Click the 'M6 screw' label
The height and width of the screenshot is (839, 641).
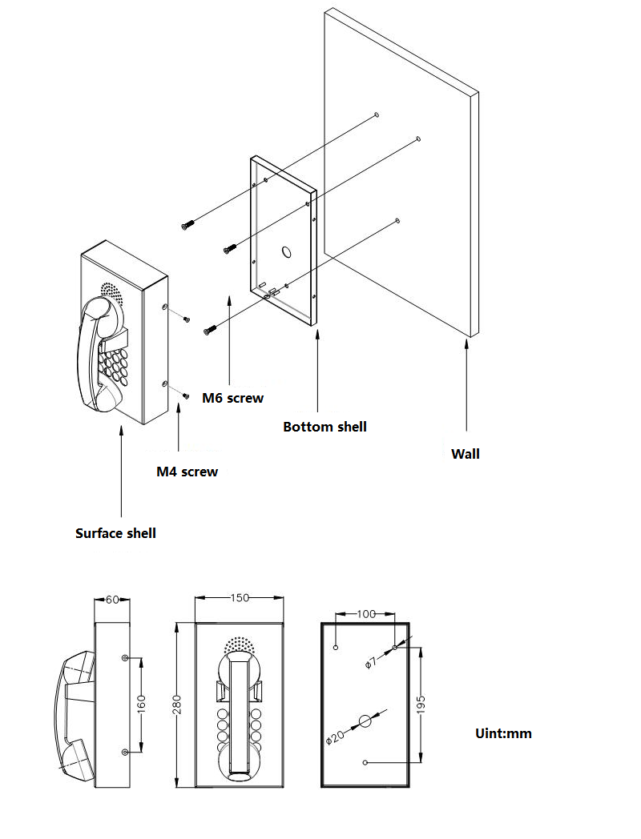point(232,397)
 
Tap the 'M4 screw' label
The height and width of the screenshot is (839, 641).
point(187,472)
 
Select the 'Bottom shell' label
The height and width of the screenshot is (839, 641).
point(325,427)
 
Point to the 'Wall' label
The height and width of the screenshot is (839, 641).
point(466,454)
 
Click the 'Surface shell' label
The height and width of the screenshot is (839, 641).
point(115,532)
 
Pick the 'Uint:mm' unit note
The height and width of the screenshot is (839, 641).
point(502,733)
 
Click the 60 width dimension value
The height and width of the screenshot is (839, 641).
point(112,599)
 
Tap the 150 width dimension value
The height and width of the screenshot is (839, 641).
point(240,598)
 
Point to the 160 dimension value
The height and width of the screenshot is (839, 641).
point(141,705)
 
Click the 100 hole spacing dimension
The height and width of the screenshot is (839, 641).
point(365,614)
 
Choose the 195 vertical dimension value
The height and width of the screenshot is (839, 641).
point(421,705)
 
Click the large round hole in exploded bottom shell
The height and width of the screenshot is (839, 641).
point(285,251)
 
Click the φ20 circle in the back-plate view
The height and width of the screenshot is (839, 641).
point(365,721)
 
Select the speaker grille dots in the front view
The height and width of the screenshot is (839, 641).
point(238,644)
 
